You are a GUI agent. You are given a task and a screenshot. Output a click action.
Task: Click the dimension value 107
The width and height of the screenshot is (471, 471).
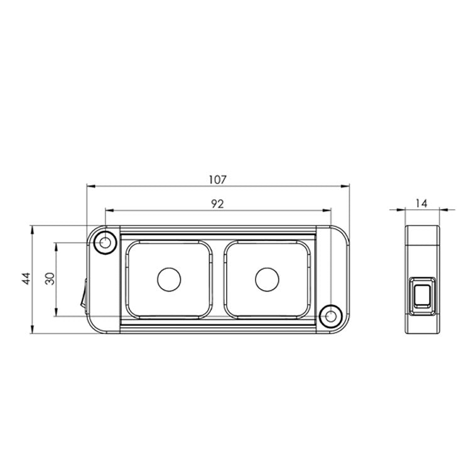217,180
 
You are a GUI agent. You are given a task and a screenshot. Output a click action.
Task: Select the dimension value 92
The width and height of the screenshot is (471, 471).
217,203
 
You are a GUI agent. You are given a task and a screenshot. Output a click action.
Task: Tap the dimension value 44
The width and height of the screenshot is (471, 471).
26,279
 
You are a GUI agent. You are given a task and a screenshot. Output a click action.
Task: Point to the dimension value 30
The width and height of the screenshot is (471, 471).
50,279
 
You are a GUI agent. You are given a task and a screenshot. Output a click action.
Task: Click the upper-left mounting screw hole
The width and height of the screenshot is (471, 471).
105,242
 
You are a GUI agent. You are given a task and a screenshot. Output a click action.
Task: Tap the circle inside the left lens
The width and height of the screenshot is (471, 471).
168,279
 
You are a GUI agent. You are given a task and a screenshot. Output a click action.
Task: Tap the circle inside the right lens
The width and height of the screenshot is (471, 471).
266,279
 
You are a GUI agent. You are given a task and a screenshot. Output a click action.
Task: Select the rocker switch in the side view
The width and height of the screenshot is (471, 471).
421,295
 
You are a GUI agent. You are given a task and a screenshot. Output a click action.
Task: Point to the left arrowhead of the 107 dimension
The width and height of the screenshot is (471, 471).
89,187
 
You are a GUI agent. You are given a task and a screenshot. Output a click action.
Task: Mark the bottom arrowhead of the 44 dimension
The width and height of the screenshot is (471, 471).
32,330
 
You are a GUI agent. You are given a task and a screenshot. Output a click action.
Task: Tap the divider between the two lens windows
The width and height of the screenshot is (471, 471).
217,279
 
